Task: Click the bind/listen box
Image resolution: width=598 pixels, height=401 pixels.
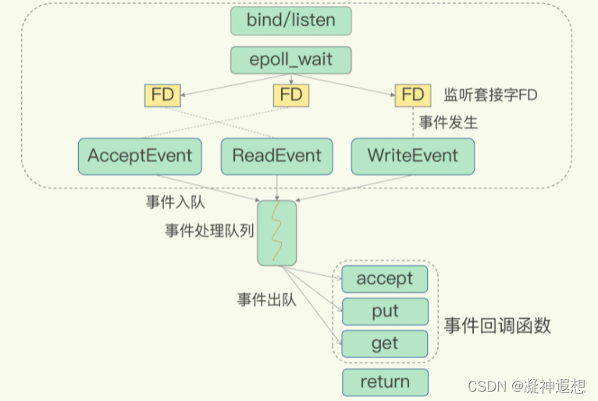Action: point(290,20)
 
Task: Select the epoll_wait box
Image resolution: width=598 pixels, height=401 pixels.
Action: point(290,60)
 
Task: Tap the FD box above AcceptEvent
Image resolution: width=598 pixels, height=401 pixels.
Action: point(162,95)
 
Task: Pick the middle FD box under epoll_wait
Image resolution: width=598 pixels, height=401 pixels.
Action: point(290,95)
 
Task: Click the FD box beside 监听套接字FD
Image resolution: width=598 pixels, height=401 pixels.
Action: point(413,95)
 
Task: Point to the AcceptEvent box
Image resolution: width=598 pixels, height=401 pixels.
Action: point(140,156)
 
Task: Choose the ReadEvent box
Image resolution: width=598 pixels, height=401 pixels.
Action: point(276,156)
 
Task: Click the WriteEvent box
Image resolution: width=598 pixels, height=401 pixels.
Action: point(412,156)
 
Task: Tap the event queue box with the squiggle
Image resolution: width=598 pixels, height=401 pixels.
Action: point(276,232)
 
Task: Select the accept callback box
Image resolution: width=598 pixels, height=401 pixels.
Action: point(385,279)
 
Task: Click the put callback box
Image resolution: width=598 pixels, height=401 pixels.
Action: point(385,311)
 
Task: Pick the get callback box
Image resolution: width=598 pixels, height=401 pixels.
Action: point(385,343)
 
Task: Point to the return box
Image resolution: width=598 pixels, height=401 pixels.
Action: point(385,382)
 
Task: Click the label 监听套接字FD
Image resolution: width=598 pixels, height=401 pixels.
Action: point(490,95)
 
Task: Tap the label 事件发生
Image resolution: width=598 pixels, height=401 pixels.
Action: point(448,123)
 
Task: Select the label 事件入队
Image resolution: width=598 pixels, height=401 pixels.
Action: point(175,202)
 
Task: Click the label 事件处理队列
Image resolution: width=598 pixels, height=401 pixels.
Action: point(208,231)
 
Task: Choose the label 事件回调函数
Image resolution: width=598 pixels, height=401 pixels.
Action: point(497,326)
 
